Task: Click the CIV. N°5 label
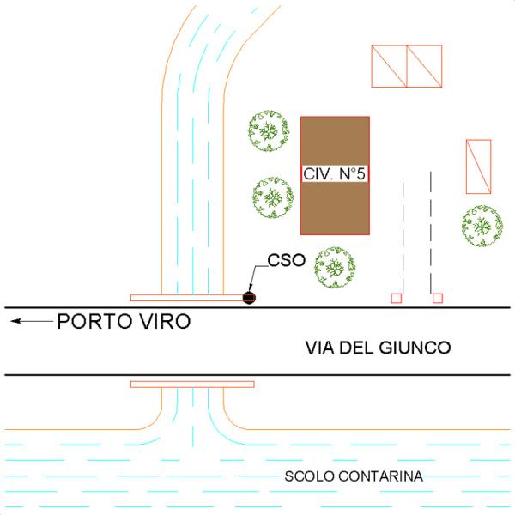[x=335, y=173]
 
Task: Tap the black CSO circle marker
[x=249, y=298]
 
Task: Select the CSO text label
[x=287, y=260]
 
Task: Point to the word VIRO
[x=165, y=321]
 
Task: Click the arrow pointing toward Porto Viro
[x=32, y=321]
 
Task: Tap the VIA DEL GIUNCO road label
[x=378, y=348]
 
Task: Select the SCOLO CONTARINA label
[x=354, y=476]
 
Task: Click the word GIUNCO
[x=415, y=348]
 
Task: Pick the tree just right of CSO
[x=335, y=267]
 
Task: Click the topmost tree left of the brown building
[x=269, y=130]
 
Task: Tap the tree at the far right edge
[x=482, y=226]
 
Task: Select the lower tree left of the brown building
[x=273, y=198]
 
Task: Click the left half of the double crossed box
[x=389, y=66]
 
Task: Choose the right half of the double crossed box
[x=424, y=66]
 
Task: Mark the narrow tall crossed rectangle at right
[x=479, y=167]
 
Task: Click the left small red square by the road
[x=396, y=298]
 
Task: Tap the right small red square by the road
[x=438, y=298]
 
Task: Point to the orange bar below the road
[x=192, y=385]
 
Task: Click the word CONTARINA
[x=380, y=476]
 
